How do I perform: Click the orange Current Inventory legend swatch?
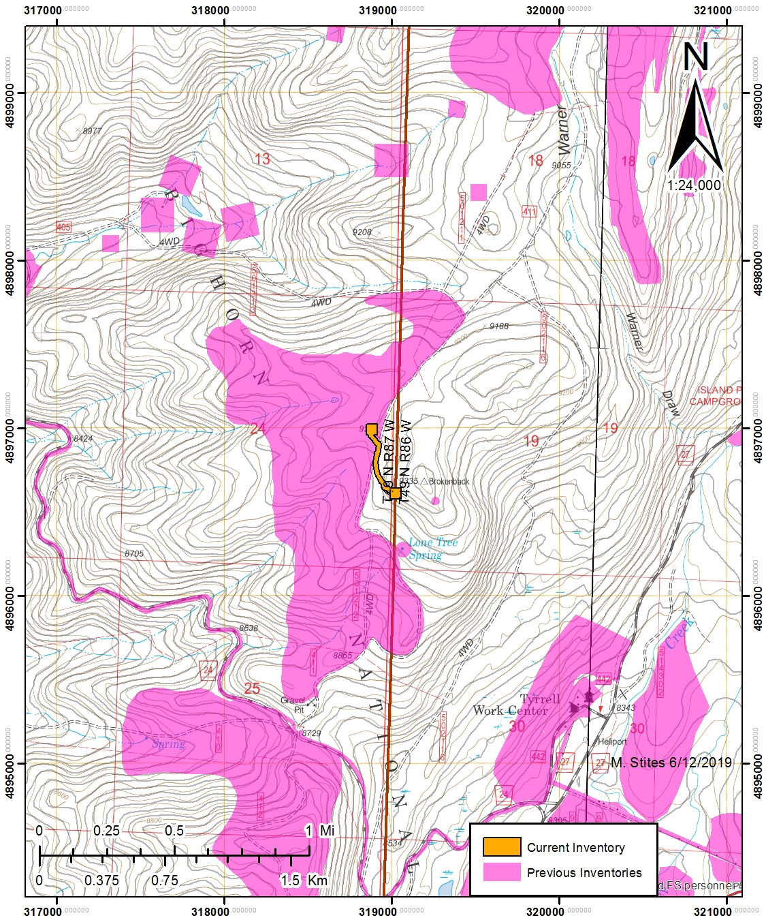click(502, 847)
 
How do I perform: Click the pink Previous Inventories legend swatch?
click(502, 872)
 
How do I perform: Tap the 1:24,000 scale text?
click(694, 185)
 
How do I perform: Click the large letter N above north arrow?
click(696, 57)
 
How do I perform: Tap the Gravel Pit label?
click(293, 705)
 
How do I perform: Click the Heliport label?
click(612, 741)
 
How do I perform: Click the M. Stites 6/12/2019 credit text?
click(671, 763)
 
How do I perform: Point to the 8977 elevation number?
click(92, 131)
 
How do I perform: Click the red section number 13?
click(262, 159)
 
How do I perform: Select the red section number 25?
click(252, 688)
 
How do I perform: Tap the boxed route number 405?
click(63, 227)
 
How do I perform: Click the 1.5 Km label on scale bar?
click(304, 880)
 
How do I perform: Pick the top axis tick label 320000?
click(545, 10)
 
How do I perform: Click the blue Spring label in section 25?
click(168, 743)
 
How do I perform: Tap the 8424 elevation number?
click(83, 438)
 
